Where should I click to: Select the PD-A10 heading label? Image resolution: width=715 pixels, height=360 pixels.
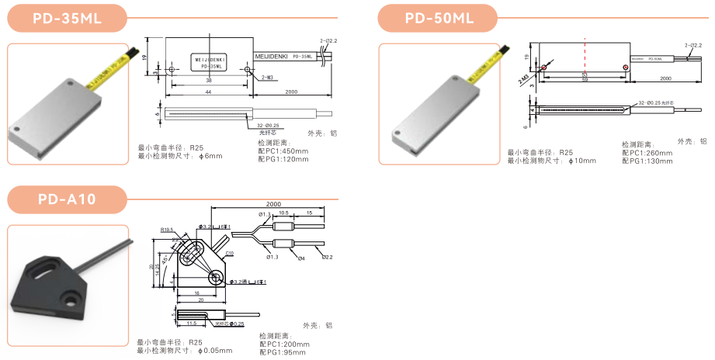pos(67,199)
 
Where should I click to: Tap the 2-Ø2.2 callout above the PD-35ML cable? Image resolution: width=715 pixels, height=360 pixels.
pos(329,39)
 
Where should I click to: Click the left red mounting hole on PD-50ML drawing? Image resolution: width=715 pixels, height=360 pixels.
pos(544,67)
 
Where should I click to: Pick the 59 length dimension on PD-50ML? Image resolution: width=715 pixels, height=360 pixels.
pos(585,79)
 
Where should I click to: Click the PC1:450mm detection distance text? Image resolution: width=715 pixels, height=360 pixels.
pos(283,151)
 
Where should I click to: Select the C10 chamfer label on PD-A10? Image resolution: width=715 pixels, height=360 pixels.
pos(230,253)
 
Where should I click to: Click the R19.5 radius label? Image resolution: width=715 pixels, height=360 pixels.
pos(166,230)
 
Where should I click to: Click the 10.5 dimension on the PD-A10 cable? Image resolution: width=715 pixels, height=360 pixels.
pos(283,212)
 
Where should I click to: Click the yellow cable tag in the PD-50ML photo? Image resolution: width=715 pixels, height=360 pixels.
pos(491,59)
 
